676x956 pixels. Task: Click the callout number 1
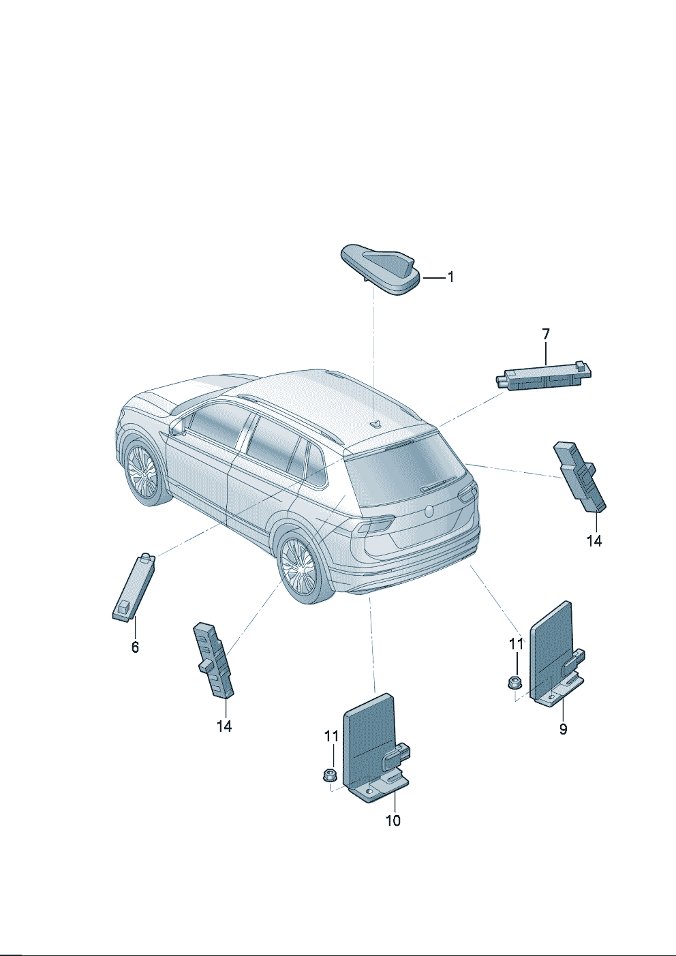point(450,277)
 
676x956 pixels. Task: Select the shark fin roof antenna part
point(381,268)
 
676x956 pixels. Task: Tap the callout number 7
point(546,334)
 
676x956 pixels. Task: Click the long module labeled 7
point(543,375)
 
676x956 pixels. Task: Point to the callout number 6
point(135,647)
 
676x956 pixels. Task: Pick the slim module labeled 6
point(134,587)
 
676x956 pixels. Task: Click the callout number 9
point(564,729)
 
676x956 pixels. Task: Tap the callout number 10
point(393,820)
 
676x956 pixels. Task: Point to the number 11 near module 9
point(516,644)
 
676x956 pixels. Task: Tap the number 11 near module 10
point(331,736)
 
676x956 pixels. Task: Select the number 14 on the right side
point(594,541)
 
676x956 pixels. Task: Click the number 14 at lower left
point(224,726)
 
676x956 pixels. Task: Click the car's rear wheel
point(300,566)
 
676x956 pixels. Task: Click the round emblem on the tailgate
point(429,511)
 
